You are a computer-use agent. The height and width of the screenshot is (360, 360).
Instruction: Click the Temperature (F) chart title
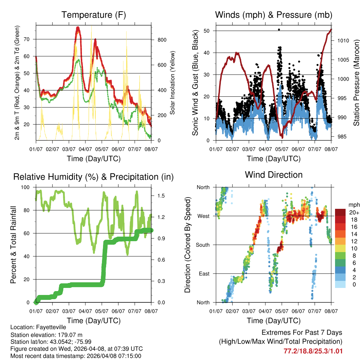[x=94, y=15]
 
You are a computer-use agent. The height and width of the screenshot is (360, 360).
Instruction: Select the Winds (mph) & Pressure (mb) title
[x=274, y=15]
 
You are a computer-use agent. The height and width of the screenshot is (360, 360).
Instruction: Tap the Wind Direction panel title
[x=274, y=174]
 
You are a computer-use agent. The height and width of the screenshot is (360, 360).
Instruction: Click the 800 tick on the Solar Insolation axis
[x=162, y=40]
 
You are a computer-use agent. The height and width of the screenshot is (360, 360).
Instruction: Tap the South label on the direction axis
[x=203, y=245]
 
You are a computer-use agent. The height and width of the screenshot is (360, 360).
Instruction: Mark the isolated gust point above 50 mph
[x=279, y=30]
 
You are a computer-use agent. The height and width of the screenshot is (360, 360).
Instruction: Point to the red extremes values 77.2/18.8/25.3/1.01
[x=313, y=351]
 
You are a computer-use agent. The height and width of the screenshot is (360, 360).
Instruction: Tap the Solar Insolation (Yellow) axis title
[x=173, y=83]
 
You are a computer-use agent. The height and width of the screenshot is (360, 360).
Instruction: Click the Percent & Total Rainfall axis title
[x=13, y=245]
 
